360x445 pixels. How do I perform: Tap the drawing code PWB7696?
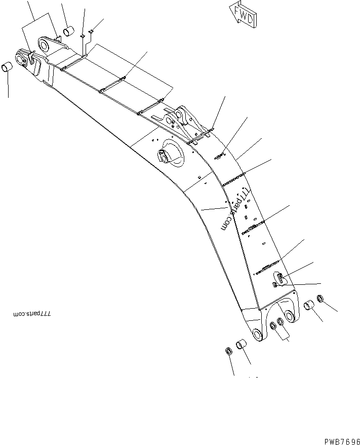[342, 441]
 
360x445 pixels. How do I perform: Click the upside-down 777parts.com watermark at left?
[32, 314]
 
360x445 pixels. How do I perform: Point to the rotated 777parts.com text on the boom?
[236, 209]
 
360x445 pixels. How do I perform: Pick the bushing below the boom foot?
[242, 345]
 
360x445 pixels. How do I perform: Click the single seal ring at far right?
[321, 299]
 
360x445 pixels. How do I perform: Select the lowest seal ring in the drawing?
[228, 351]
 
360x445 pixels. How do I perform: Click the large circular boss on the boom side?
[171, 153]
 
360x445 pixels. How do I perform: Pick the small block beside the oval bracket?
[274, 285]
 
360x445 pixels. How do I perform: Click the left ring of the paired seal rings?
[273, 326]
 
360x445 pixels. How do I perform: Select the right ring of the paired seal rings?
[281, 321]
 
